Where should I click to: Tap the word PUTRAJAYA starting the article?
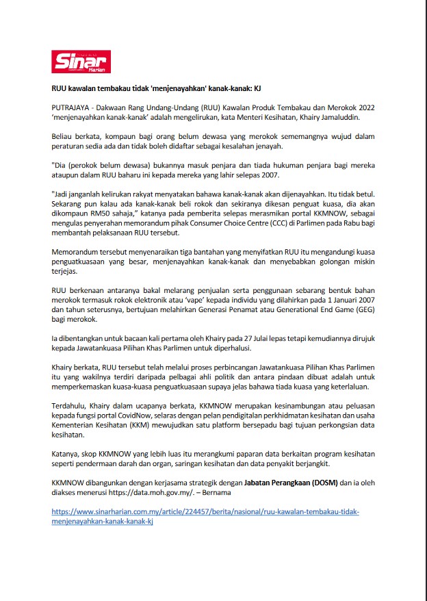click(x=72, y=108)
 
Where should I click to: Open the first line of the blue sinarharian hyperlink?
click(x=205, y=511)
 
